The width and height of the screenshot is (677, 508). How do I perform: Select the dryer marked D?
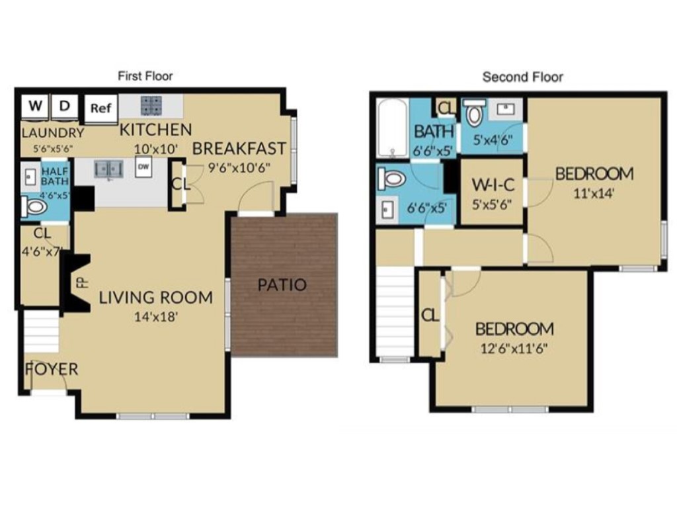click(65, 106)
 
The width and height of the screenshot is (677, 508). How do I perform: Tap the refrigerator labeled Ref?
click(100, 108)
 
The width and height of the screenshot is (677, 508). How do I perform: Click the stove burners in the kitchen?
click(151, 106)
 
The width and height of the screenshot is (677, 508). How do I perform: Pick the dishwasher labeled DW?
click(143, 167)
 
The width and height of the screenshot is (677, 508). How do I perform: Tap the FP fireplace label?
click(81, 282)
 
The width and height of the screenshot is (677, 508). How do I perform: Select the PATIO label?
click(282, 285)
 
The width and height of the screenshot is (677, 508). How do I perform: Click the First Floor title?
click(145, 76)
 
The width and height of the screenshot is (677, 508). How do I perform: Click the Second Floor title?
click(523, 77)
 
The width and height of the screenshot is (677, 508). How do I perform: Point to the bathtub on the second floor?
click(393, 128)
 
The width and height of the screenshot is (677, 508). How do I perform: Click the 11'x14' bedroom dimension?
click(594, 194)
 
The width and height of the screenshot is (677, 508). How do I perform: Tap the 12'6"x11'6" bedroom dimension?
click(514, 348)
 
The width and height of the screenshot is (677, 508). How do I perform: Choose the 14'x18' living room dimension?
click(156, 316)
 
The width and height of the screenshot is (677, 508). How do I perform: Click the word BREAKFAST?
click(239, 148)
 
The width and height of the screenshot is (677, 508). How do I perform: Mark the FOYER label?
click(52, 369)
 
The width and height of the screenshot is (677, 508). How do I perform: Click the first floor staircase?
click(42, 333)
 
